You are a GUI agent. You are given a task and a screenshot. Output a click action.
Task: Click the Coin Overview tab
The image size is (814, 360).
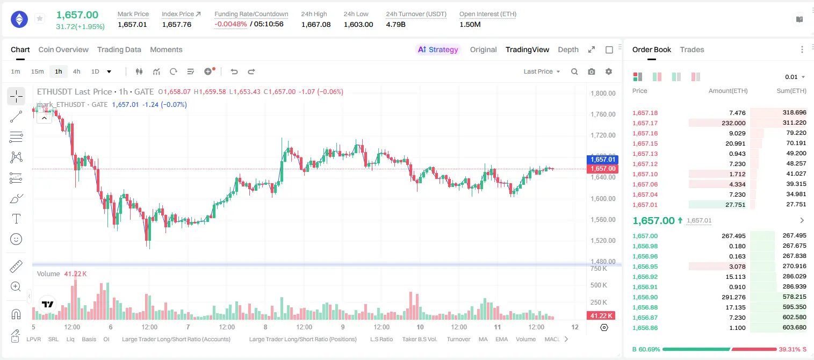63,49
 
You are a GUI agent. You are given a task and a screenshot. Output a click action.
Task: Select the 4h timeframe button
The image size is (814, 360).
76,71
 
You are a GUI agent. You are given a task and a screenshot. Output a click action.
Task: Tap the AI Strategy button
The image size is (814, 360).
438,49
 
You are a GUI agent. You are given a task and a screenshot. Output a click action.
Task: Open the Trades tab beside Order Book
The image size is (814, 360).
692,49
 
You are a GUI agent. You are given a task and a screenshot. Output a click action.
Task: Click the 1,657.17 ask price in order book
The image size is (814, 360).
645,123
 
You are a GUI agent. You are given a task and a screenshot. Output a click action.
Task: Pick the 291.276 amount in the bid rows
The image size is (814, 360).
733,297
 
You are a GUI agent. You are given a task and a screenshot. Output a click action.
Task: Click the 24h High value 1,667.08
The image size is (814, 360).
316,24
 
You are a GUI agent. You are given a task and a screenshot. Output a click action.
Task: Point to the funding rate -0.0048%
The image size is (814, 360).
230,24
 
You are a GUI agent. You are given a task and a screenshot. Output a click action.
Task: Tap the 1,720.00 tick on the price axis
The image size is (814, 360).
603,135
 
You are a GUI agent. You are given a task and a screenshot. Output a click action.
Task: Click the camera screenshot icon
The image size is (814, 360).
592,71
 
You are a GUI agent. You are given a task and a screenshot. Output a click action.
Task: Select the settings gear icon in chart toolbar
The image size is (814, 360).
609,71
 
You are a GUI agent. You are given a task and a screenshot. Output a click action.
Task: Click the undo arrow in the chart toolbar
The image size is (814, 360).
234,71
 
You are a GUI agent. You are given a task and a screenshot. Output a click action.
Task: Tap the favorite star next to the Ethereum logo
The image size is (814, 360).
40,18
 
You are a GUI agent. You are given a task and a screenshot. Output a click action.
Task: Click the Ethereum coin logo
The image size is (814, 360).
19,19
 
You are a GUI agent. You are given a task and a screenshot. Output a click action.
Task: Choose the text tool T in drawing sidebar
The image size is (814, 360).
16,219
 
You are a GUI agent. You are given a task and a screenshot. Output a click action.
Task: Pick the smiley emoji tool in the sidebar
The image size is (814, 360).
16,239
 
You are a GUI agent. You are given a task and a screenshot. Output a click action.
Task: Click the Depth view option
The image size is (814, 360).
568,49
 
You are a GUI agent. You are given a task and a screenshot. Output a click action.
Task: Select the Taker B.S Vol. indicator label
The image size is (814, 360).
419,339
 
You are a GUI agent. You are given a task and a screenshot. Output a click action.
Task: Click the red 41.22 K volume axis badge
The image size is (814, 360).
601,316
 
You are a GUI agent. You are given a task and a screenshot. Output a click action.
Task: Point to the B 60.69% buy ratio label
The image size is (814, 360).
646,349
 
